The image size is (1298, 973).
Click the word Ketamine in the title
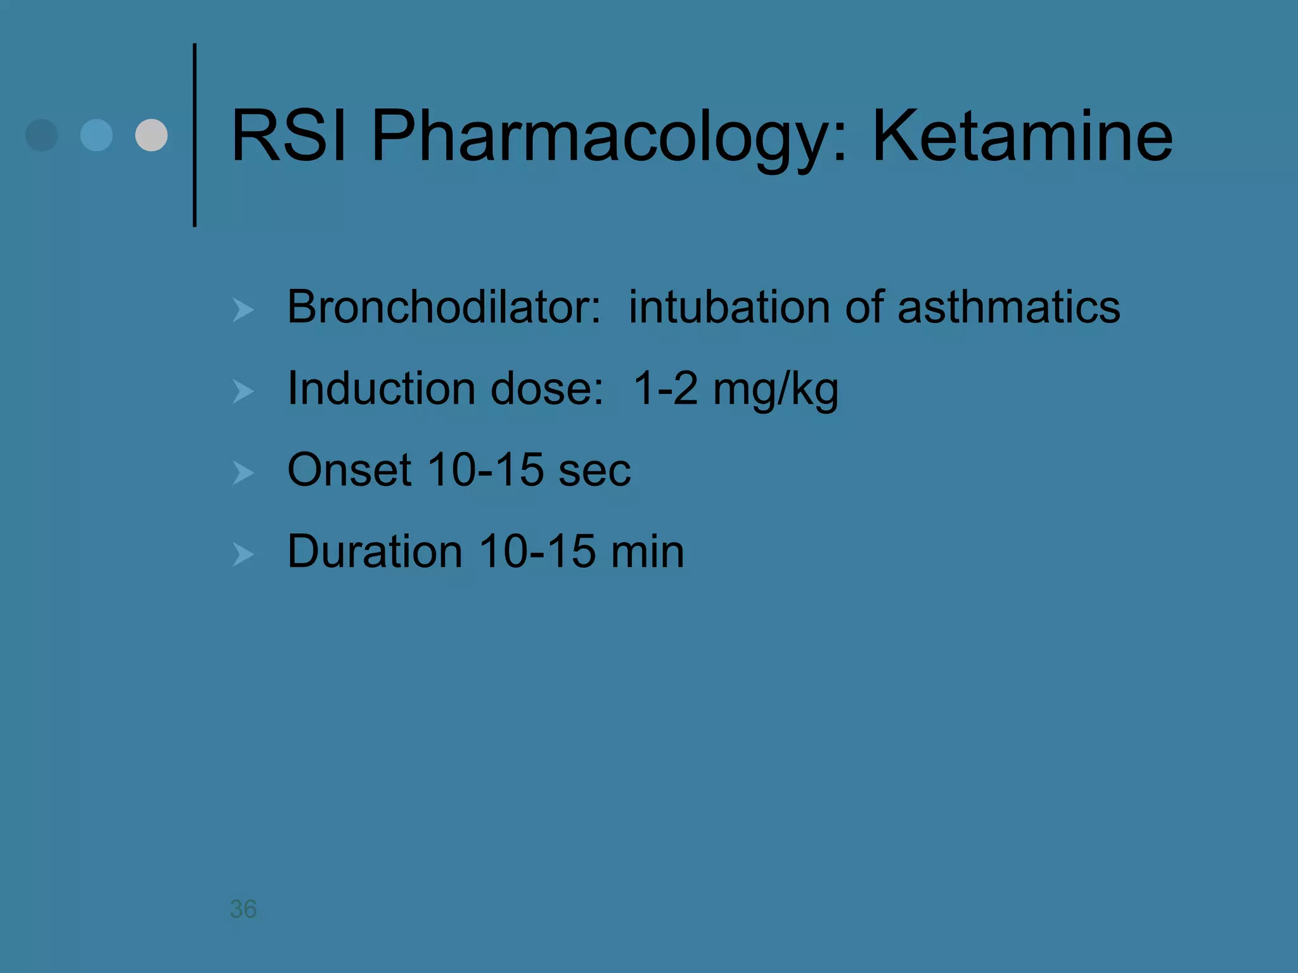1022,136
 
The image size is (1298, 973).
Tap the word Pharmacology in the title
608,137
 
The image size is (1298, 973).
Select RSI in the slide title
289,136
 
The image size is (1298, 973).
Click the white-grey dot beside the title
151,135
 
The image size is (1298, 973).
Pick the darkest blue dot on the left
42,135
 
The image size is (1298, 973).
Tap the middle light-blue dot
96,135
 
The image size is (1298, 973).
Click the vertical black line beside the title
195,135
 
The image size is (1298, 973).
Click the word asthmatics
1009,307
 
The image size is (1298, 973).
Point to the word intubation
728,307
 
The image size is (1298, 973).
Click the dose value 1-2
665,388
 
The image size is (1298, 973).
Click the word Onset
349,470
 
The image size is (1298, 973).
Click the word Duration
375,551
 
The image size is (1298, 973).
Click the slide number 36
243,909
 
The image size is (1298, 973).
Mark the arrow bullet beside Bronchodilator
243,310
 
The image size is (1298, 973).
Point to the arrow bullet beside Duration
243,554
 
